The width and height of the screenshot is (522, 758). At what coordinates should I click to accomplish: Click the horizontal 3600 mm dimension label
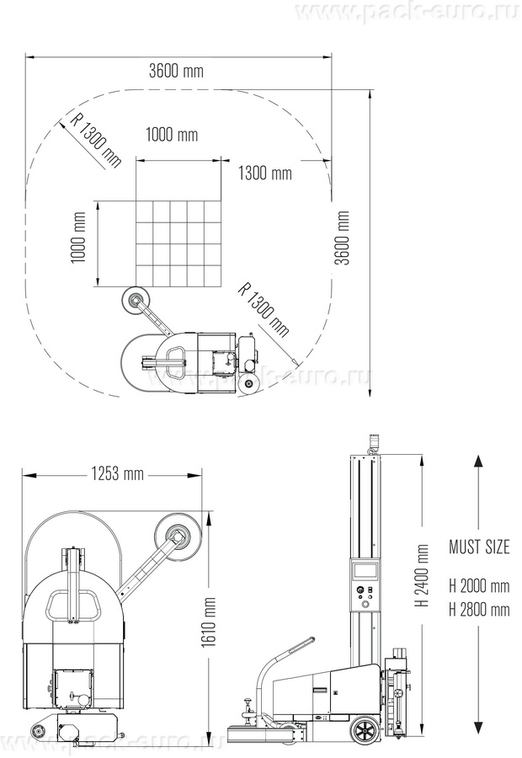pos(176,72)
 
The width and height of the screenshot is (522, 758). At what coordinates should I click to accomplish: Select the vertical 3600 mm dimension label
pos(343,238)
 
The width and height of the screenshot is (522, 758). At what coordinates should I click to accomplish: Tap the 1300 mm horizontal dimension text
pos(265,173)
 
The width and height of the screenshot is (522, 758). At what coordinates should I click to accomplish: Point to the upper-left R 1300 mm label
pos(96,138)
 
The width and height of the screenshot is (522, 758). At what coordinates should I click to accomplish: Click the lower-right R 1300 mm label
pos(264,308)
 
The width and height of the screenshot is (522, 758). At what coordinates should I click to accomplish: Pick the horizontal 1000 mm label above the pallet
pos(172,134)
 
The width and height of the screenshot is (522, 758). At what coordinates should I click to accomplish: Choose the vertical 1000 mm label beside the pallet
pos(78,238)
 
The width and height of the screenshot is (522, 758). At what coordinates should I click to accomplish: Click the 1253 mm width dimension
pos(118,473)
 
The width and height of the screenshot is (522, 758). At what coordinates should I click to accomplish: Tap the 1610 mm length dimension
pos(210,622)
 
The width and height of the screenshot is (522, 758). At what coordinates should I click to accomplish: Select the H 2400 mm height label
pos(423,575)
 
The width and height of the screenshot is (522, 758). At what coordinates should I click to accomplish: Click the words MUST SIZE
pos(479,547)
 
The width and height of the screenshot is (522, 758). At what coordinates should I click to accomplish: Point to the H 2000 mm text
pos(479,586)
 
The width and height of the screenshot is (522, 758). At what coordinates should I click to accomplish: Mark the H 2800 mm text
pos(479,609)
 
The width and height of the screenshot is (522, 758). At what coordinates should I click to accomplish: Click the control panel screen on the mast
pos(365,570)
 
